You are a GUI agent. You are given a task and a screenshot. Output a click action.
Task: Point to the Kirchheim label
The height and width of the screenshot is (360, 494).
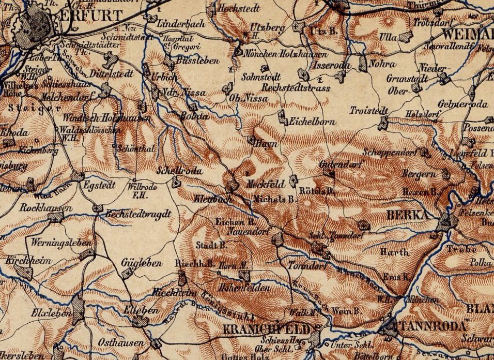click(x=23, y=261)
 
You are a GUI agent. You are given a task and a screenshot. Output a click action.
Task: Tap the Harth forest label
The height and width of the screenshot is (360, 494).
click(x=395, y=252)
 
